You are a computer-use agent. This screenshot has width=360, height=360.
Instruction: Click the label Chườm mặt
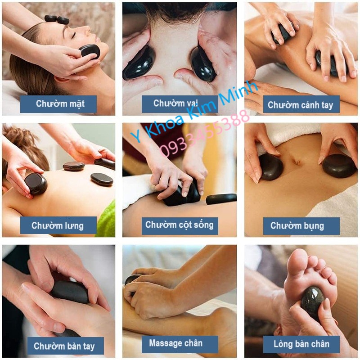(x=58, y=104)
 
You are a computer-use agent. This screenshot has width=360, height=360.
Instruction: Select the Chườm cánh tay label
(x=301, y=105)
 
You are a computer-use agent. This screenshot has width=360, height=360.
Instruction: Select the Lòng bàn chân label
(x=301, y=345)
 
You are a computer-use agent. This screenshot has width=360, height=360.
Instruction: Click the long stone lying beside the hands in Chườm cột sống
(x=221, y=198)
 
